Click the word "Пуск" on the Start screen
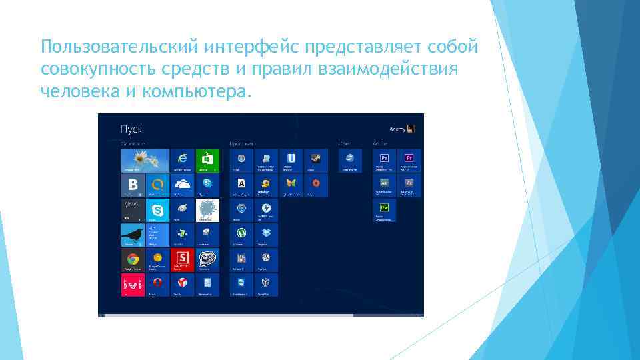click(131, 129)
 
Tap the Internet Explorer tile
click(181, 159)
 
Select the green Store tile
click(206, 159)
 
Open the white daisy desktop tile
click(145, 159)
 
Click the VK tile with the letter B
click(133, 185)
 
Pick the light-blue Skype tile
click(157, 210)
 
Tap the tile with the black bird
click(133, 235)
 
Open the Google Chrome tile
click(133, 259)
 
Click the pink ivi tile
click(133, 285)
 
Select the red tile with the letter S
click(181, 259)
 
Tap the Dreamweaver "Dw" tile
click(384, 209)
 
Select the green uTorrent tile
click(241, 234)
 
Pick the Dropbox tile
click(266, 234)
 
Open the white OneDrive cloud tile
click(181, 185)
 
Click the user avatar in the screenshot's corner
click(411, 129)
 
